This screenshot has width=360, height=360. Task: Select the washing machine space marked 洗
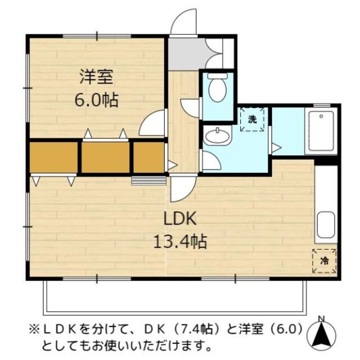tap(253, 119)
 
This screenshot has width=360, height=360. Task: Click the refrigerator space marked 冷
tap(324, 260)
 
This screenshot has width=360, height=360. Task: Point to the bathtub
tap(322, 131)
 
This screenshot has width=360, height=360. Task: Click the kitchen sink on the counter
tap(326, 226)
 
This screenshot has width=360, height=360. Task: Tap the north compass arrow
tap(321, 336)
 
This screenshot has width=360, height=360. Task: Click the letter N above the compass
tap(321, 319)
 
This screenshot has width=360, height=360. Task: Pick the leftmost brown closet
tap(53, 157)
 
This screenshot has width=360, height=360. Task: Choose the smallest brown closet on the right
tap(148, 157)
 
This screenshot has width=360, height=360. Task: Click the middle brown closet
tap(105, 157)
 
